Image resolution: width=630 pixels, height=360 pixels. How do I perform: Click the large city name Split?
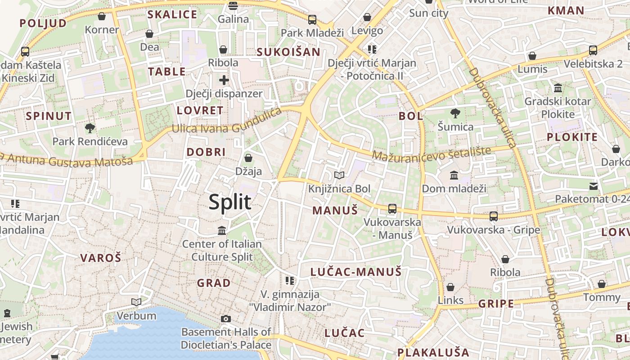click(x=230, y=202)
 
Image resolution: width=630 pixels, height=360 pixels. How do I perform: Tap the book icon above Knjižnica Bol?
click(x=339, y=175)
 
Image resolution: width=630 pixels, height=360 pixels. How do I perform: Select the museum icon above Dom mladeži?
click(x=454, y=175)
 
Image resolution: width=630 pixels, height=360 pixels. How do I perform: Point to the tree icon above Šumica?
click(x=455, y=113)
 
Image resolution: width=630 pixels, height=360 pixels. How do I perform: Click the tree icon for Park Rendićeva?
click(x=90, y=128)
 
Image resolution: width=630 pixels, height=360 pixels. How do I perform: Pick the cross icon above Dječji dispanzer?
click(x=224, y=80)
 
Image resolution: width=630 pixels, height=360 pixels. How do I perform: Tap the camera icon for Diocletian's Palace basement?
click(x=226, y=319)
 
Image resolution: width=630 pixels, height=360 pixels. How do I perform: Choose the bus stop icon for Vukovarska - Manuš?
click(x=392, y=208)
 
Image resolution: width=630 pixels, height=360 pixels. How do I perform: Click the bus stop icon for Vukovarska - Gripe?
click(x=494, y=216)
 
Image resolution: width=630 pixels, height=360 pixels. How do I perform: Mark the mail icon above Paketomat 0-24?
click(x=594, y=185)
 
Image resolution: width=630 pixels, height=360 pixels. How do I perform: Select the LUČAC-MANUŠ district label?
click(x=355, y=272)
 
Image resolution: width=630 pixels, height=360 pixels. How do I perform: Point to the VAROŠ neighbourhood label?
click(x=101, y=258)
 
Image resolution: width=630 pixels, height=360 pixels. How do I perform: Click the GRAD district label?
click(x=214, y=283)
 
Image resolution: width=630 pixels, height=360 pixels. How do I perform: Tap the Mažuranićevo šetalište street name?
click(x=431, y=152)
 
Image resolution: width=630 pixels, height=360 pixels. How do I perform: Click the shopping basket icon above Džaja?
click(x=248, y=158)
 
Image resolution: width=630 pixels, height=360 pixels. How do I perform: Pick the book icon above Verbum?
click(x=136, y=302)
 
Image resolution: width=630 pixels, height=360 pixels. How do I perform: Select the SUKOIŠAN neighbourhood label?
click(x=288, y=52)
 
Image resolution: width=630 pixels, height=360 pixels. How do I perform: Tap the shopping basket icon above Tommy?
click(x=602, y=284)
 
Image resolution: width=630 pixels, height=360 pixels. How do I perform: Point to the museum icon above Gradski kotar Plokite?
click(x=558, y=88)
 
